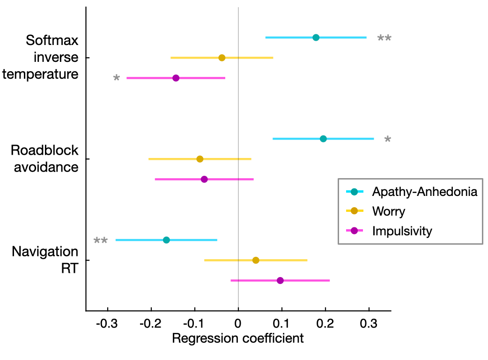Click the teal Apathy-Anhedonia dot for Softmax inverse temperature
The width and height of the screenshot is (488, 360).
pyautogui.click(x=316, y=37)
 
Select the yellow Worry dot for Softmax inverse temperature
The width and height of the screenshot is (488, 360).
pyautogui.click(x=222, y=58)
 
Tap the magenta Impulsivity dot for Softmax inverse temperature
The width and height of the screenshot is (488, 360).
pyautogui.click(x=176, y=78)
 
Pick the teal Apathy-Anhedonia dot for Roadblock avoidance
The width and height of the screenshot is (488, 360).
pyautogui.click(x=323, y=139)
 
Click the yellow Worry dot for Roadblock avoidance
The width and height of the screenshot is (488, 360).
pyautogui.click(x=200, y=159)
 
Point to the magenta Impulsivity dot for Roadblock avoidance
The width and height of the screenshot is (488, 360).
pyautogui.click(x=204, y=179)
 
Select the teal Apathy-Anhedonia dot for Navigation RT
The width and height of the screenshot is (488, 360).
pyautogui.click(x=166, y=240)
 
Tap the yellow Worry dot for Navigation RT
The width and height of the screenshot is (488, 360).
pyautogui.click(x=256, y=260)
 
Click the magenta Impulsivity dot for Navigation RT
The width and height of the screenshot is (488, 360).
pyautogui.click(x=280, y=280)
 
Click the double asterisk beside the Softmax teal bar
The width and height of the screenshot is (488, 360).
pyautogui.click(x=384, y=39)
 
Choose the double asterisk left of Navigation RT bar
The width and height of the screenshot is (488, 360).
pyautogui.click(x=100, y=241)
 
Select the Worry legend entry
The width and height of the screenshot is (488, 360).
pyautogui.click(x=388, y=211)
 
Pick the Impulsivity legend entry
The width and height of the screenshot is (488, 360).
pyautogui.click(x=402, y=231)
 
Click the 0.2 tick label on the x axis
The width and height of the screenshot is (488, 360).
pyautogui.click(x=325, y=323)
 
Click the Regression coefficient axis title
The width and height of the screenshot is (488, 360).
pyautogui.click(x=238, y=338)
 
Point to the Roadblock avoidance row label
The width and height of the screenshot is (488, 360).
pyautogui.click(x=44, y=158)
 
